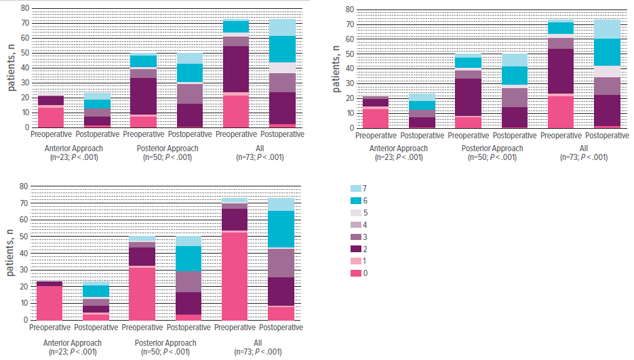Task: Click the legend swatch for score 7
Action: pyautogui.click(x=355, y=187)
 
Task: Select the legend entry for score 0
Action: pyautogui.click(x=355, y=273)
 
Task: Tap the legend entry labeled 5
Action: pyautogui.click(x=355, y=212)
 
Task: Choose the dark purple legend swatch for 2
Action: pyautogui.click(x=355, y=248)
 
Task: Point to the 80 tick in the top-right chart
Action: pyautogui.click(x=350, y=9)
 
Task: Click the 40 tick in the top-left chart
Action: pyautogui.click(x=24, y=68)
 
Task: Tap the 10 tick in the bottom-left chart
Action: pyautogui.click(x=24, y=303)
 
